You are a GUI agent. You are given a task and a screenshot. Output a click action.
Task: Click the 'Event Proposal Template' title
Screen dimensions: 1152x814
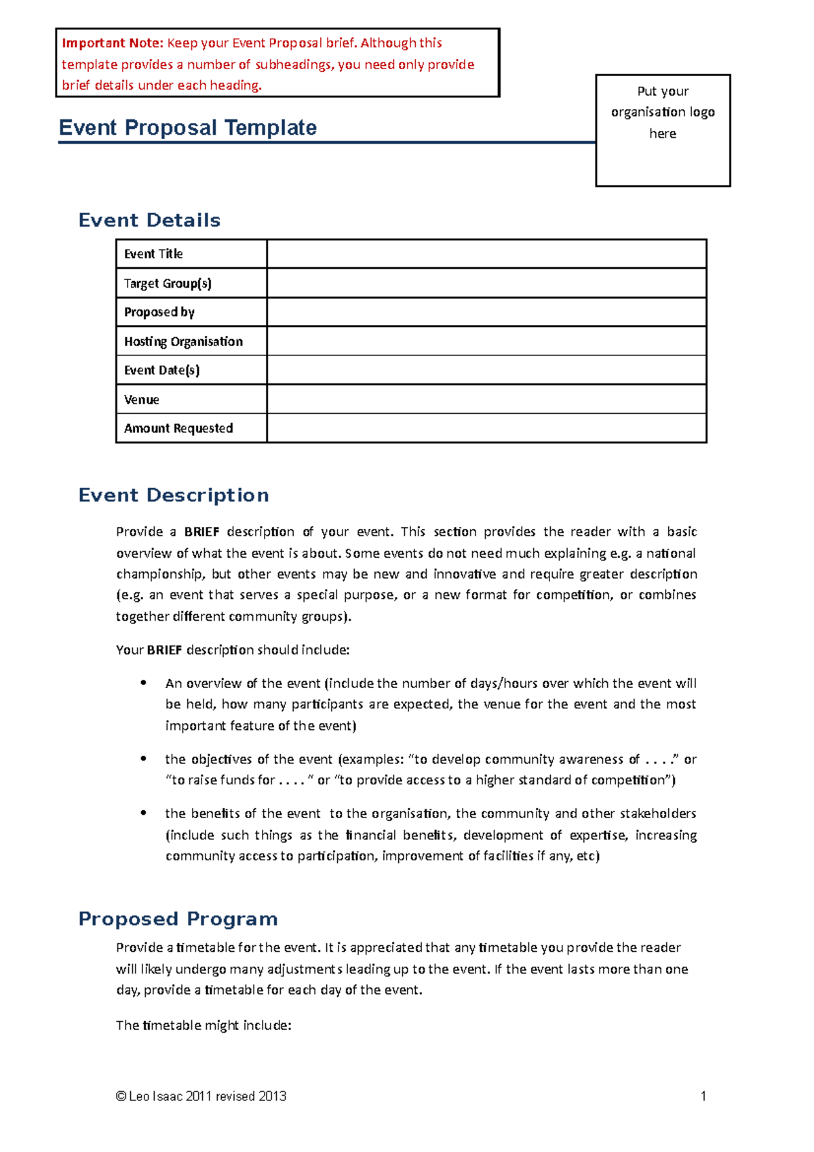click(x=188, y=128)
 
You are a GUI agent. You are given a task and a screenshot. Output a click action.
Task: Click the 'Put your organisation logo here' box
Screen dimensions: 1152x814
click(x=663, y=130)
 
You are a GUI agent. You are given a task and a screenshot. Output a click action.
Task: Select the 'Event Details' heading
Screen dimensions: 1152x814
click(x=149, y=220)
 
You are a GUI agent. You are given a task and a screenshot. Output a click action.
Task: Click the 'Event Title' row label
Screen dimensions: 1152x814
click(x=153, y=254)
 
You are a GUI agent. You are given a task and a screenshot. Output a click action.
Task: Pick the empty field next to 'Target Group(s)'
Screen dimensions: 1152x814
click(x=486, y=283)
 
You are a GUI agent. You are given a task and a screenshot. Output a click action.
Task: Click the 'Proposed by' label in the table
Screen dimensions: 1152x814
click(x=159, y=312)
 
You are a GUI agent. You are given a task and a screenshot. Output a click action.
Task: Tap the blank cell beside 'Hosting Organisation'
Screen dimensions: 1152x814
click(x=486, y=341)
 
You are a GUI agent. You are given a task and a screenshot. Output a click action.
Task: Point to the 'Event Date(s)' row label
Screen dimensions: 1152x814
click(x=161, y=370)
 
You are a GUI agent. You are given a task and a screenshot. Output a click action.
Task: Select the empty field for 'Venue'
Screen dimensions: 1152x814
click(x=486, y=399)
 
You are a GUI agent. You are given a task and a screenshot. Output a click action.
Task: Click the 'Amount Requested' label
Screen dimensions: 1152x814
click(x=178, y=428)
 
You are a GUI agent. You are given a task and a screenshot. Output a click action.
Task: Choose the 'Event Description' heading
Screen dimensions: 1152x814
click(x=174, y=495)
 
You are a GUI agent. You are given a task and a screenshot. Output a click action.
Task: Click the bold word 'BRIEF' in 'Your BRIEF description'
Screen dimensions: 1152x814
click(x=164, y=650)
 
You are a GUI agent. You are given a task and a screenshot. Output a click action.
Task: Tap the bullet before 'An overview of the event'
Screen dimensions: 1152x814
click(x=143, y=683)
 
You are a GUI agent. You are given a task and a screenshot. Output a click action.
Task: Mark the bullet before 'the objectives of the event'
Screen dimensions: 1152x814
click(x=143, y=759)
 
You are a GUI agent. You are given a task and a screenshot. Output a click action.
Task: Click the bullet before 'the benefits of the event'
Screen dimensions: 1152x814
click(x=143, y=813)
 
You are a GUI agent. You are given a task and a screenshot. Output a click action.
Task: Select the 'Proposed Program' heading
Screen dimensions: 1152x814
click(x=178, y=919)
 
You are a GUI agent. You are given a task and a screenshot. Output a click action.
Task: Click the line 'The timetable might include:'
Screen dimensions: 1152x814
click(x=203, y=1025)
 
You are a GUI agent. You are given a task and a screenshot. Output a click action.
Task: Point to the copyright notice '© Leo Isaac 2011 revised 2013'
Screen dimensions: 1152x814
click(x=201, y=1096)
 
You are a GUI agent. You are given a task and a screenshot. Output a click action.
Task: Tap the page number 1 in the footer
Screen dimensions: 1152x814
click(x=703, y=1096)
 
